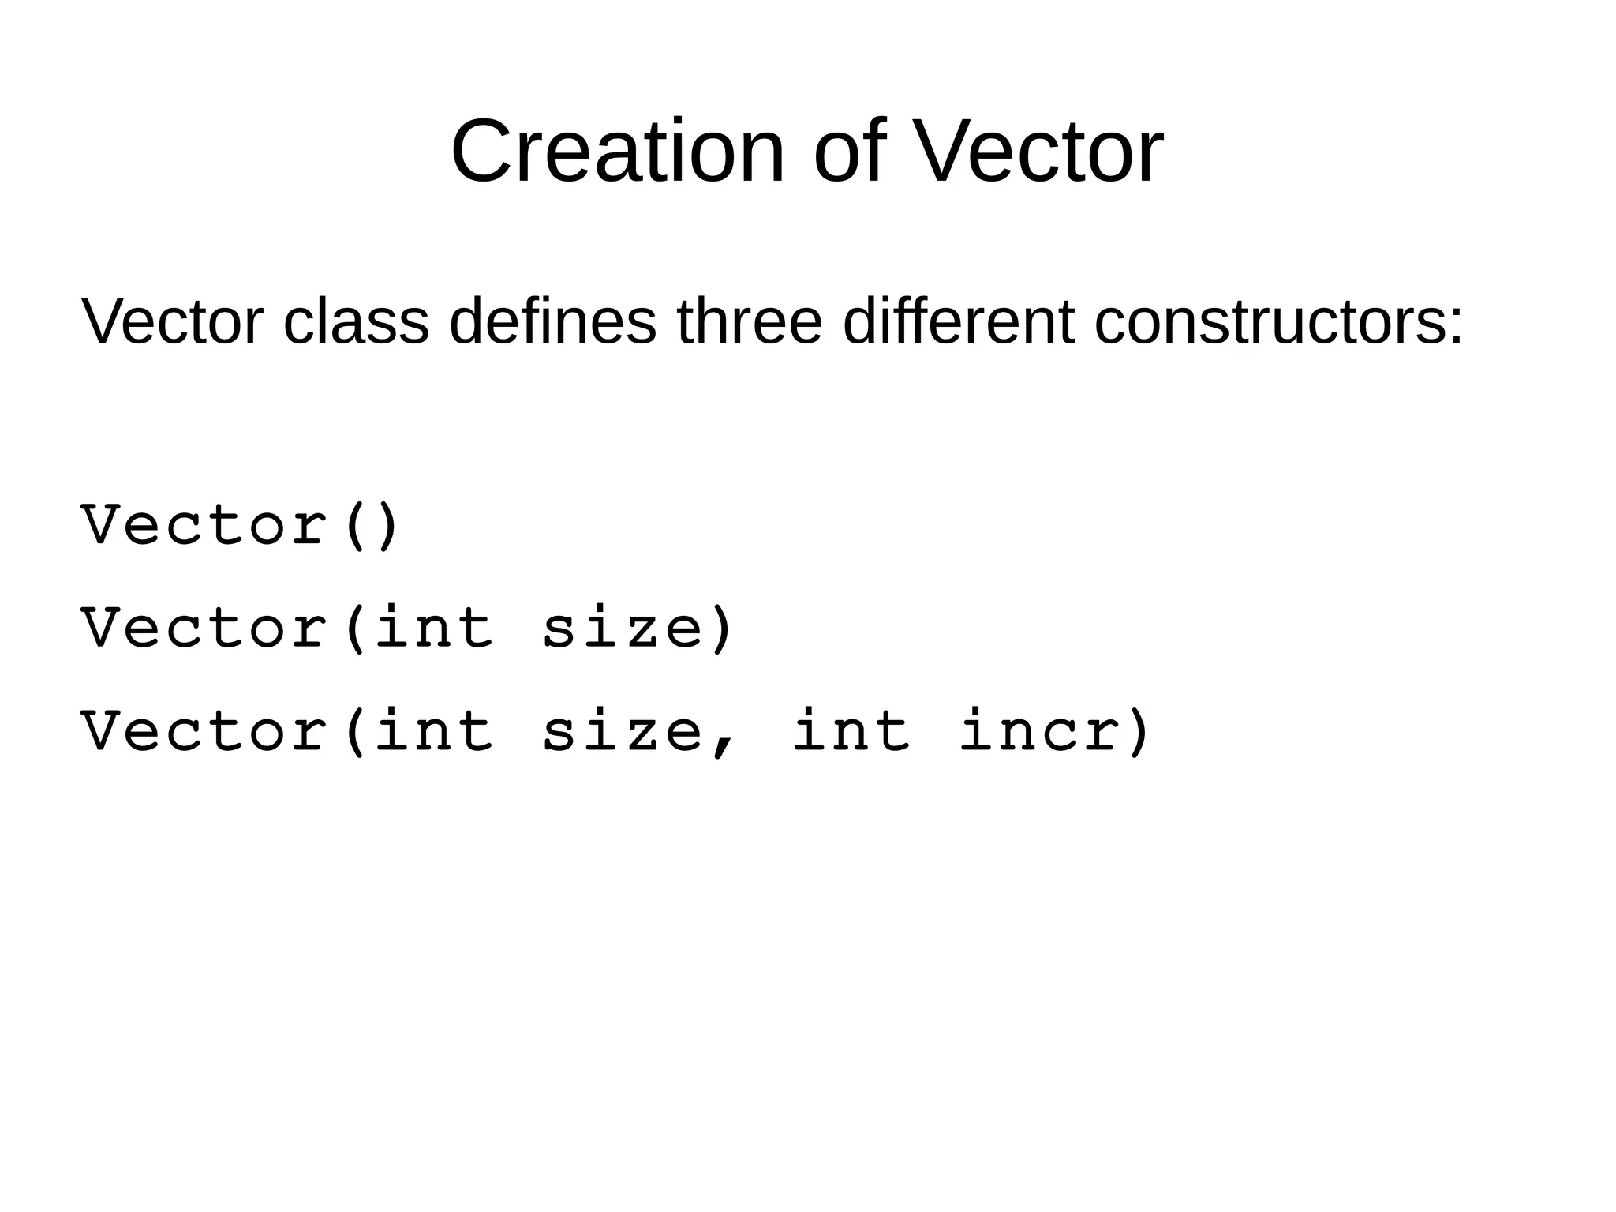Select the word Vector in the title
tap(1037, 152)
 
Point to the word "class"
tap(356, 322)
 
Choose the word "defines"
tap(552, 322)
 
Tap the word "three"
tap(750, 322)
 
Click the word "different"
tap(959, 322)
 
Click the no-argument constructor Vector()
tap(241, 525)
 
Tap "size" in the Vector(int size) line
tap(623, 629)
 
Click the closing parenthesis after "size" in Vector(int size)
tap(722, 629)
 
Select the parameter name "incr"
tap(1041, 731)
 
